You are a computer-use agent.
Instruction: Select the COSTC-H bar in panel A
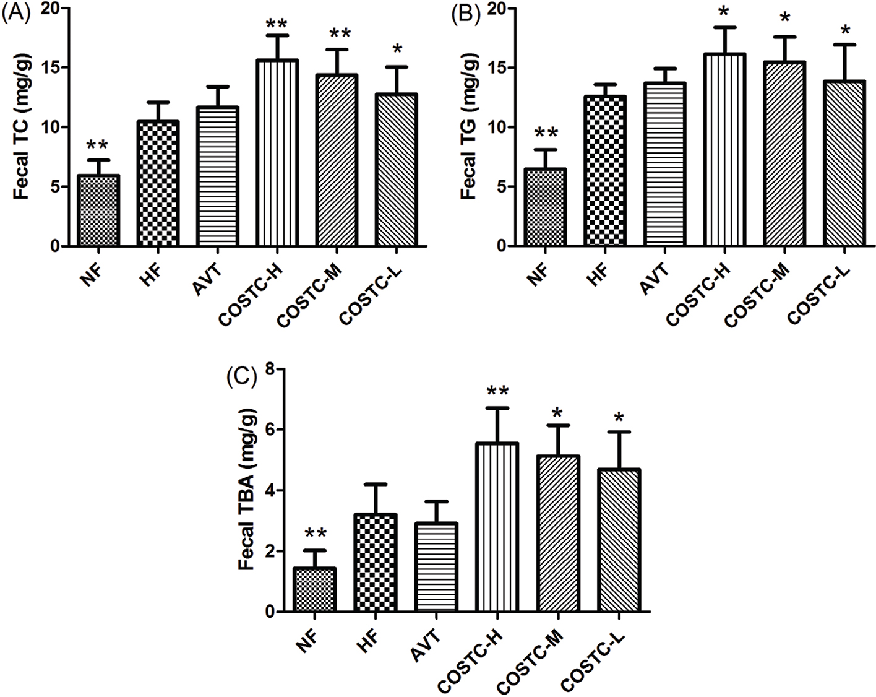click(278, 153)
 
